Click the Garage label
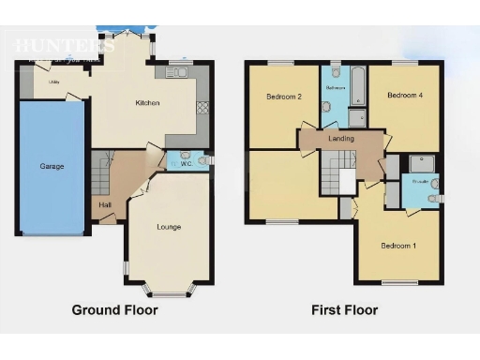pyautogui.click(x=52, y=166)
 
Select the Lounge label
pyautogui.click(x=170, y=227)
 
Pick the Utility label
pyautogui.click(x=54, y=83)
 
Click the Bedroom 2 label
pyautogui.click(x=283, y=97)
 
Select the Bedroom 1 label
pyautogui.click(x=397, y=247)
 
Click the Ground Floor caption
pyautogui.click(x=115, y=308)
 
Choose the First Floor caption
pyautogui.click(x=345, y=308)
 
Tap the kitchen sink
pyautogui.click(x=178, y=73)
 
